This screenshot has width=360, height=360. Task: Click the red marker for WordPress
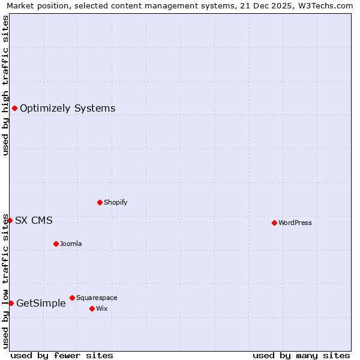point(274,223)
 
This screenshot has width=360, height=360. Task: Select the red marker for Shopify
point(100,202)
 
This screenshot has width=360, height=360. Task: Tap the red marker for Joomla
point(56,244)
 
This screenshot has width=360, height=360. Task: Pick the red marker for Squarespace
point(72,298)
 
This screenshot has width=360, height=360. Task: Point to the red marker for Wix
point(92,308)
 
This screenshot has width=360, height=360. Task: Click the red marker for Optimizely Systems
point(14,108)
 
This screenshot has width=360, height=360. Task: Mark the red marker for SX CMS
point(10,220)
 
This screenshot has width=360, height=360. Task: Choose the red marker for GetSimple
point(11,303)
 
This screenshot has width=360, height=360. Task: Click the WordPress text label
point(295,223)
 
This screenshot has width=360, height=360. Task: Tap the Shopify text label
point(116,202)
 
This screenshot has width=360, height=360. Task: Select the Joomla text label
point(71,244)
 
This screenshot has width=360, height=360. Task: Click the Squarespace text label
point(97,298)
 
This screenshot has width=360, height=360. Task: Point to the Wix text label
point(102,308)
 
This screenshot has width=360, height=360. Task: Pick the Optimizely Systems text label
point(68,109)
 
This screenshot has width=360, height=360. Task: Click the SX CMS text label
point(34,220)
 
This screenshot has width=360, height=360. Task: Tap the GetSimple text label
point(41,304)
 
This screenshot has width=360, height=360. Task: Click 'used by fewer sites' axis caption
point(62,355)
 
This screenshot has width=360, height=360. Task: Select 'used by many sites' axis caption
point(301,355)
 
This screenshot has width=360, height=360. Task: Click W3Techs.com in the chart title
point(326,6)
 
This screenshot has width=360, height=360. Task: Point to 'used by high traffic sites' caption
point(6,85)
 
